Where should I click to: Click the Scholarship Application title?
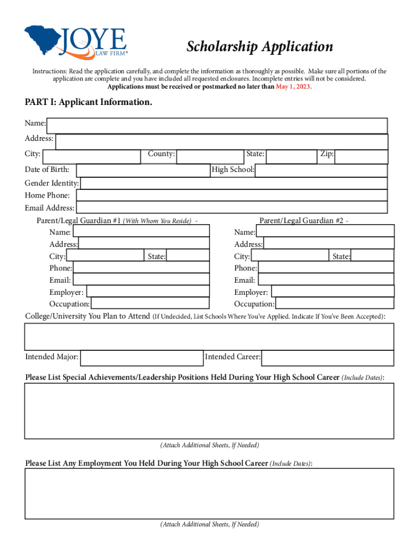pos(260,47)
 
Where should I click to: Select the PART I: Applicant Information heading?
pos(89,102)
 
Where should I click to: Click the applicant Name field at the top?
pos(217,126)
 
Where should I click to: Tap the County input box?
pos(210,157)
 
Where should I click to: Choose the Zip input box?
pos(361,157)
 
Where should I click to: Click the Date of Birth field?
pos(143,170)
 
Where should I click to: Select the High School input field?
pos(321,170)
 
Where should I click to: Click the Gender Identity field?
pos(234,183)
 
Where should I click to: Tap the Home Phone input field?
pos(232,195)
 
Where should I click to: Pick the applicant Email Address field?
pos(231,208)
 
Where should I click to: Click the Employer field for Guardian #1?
pos(148,292)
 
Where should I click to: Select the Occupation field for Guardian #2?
pos(334,304)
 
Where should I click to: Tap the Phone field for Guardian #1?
pos(141,268)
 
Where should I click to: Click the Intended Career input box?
pos(328,358)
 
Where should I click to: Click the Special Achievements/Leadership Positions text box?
pos(209,411)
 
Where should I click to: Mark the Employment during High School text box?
pos(209,493)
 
